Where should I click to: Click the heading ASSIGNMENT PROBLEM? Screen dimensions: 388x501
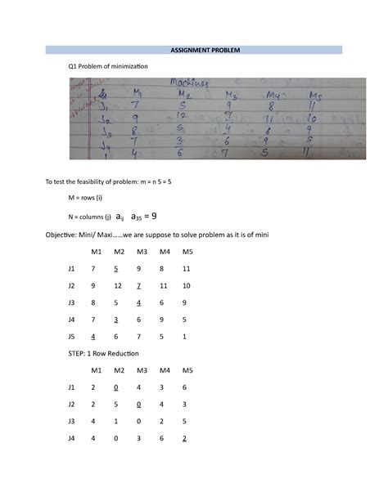pos(194,49)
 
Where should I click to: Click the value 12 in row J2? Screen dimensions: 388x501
pos(118,285)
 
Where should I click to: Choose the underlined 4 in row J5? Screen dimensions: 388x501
pos(94,336)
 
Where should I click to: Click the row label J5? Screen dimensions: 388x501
pos(72,336)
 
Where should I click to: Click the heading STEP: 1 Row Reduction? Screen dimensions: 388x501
pos(104,353)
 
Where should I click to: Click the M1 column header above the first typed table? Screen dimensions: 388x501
pos(96,252)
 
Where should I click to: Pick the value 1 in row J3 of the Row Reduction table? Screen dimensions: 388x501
pos(118,421)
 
